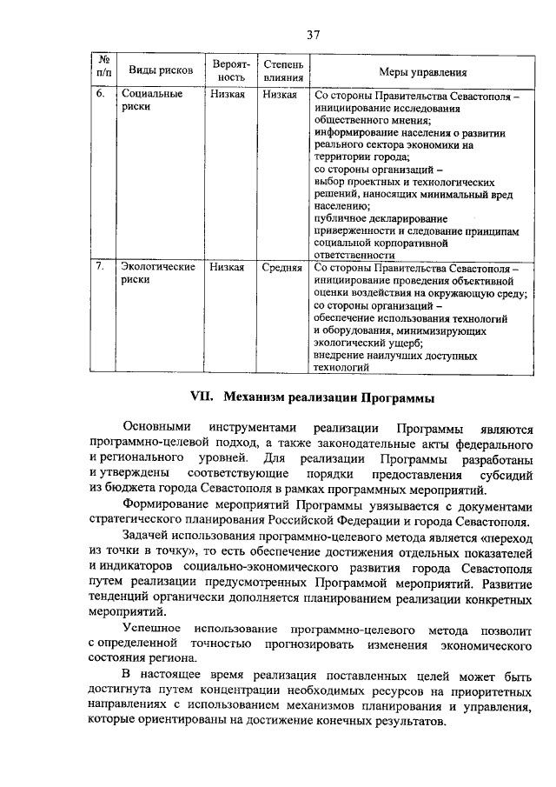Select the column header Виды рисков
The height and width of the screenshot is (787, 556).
(x=156, y=70)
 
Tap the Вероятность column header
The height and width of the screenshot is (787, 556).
(x=231, y=70)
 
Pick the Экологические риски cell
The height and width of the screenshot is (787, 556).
(x=157, y=274)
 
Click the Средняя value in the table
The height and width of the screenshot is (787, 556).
(x=281, y=268)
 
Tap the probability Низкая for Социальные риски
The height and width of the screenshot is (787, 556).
(x=228, y=94)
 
